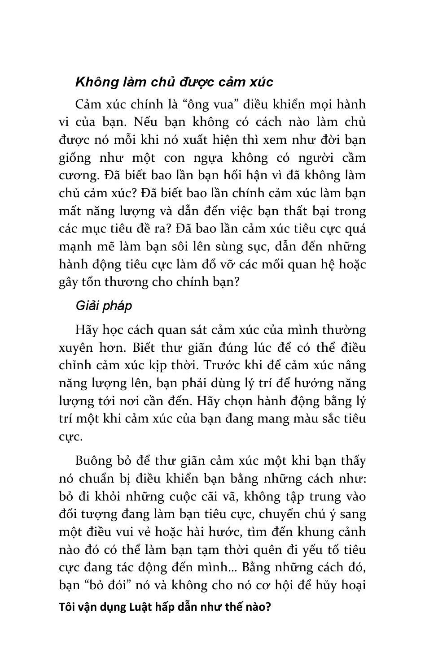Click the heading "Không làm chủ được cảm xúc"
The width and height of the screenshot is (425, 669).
(x=174, y=82)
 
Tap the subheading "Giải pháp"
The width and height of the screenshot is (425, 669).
(x=104, y=306)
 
